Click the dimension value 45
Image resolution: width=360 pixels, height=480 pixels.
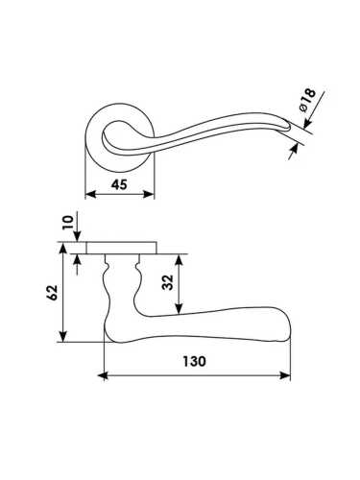(x=119, y=184)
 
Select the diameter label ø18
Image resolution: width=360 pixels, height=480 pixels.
(x=308, y=100)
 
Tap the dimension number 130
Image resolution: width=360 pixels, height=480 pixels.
(x=194, y=362)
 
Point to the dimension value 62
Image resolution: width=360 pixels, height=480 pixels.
(x=52, y=292)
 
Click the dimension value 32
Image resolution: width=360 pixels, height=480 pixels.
(x=168, y=282)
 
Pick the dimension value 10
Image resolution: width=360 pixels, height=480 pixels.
(x=68, y=222)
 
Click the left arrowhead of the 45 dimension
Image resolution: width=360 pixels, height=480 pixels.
(x=91, y=194)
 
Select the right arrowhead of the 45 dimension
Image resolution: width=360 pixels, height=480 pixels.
(x=149, y=194)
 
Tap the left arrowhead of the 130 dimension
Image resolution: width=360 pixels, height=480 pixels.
(x=103, y=375)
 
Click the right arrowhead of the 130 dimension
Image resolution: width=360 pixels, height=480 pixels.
(x=285, y=375)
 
